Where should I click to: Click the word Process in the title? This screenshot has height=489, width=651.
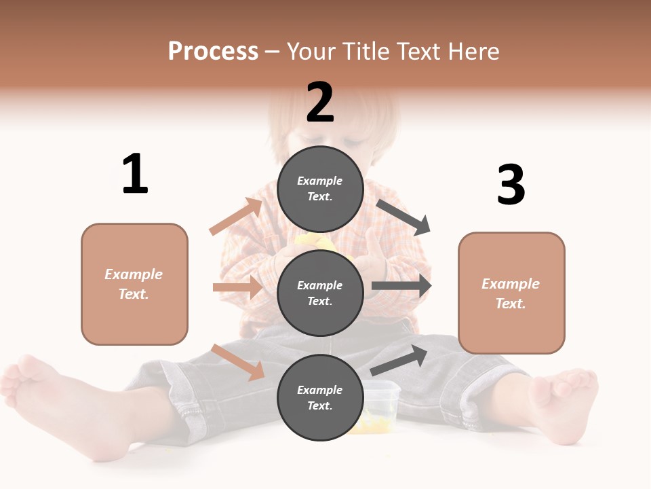(x=213, y=52)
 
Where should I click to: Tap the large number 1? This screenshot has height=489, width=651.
(x=135, y=175)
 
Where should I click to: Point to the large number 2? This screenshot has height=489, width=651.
(x=320, y=103)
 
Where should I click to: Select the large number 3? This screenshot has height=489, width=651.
(x=511, y=185)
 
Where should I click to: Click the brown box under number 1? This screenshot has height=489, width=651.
(x=134, y=284)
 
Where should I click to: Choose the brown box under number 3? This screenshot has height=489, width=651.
(x=511, y=293)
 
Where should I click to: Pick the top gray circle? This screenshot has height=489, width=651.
(x=320, y=189)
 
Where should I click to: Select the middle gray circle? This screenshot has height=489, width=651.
(x=320, y=293)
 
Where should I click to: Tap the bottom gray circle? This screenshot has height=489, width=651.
(x=320, y=397)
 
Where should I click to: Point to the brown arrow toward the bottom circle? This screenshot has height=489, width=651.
(x=238, y=362)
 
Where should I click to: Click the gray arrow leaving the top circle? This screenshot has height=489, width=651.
(x=403, y=217)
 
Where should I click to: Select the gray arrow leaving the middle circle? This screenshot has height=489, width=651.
(x=401, y=285)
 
